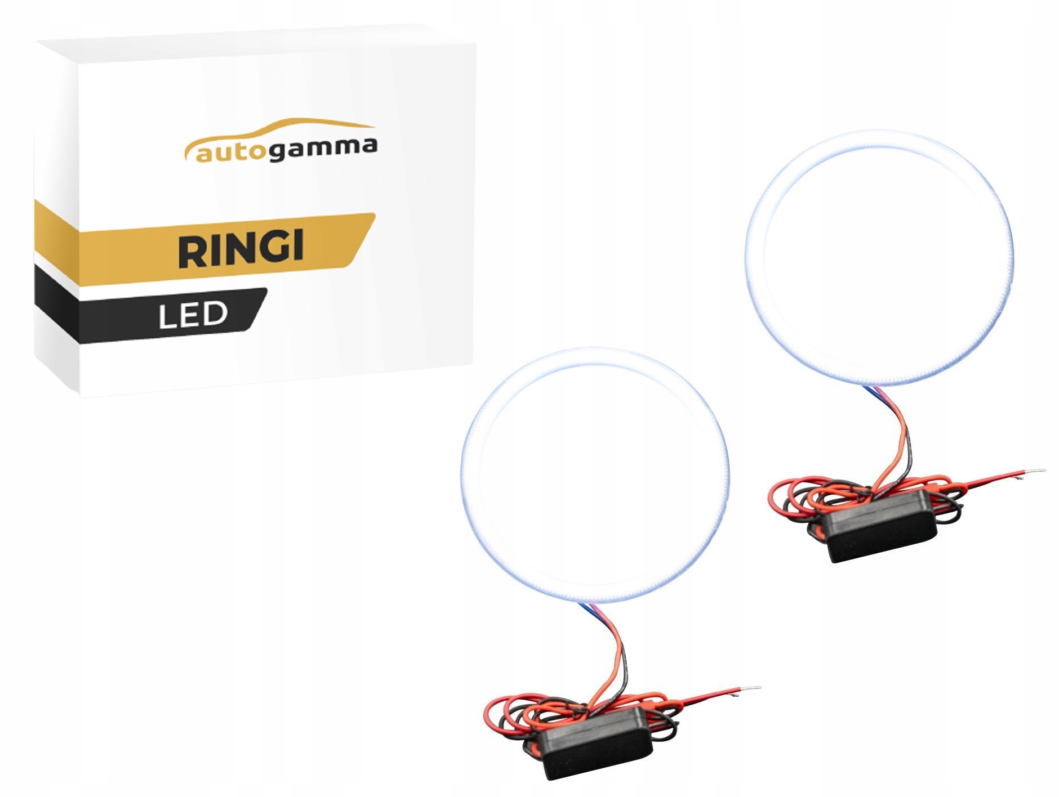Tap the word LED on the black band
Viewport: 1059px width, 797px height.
(193, 316)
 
